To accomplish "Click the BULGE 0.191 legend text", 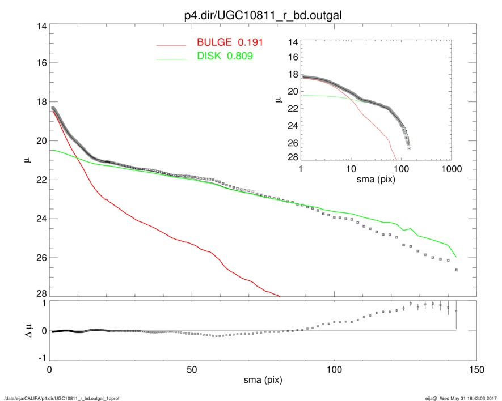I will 230,43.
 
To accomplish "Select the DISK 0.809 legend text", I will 225,56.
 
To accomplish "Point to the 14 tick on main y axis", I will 40,27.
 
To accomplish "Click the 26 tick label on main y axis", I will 40,258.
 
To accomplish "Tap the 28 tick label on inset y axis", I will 293,156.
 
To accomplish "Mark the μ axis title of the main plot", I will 26,161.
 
